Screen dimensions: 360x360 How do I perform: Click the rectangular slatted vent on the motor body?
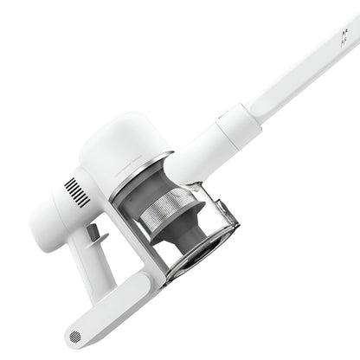(77, 192)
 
